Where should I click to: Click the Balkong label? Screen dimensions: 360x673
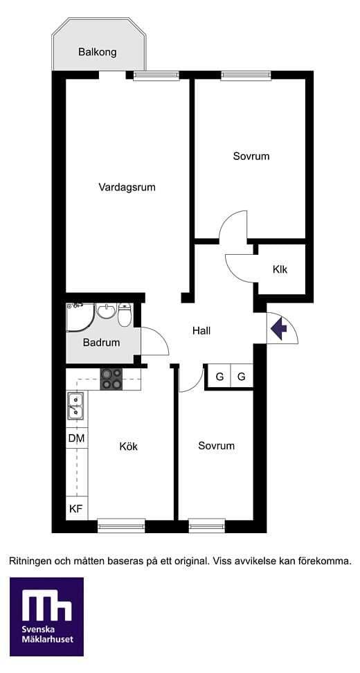(x=98, y=53)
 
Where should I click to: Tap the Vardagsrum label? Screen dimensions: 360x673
(x=127, y=188)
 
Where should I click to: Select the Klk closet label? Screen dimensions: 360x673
(x=280, y=270)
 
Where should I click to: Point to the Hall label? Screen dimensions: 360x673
(x=201, y=331)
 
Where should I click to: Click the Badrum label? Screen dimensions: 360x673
(x=102, y=343)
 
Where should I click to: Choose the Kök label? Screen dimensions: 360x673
(x=129, y=447)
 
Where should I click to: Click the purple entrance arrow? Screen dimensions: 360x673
(x=279, y=328)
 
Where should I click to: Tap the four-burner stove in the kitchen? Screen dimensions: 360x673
(x=111, y=379)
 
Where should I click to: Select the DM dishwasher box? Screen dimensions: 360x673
(x=77, y=438)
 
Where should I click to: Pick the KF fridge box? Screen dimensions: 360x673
(x=77, y=509)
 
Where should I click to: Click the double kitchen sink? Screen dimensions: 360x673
(x=76, y=406)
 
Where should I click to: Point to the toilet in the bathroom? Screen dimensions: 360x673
(x=125, y=314)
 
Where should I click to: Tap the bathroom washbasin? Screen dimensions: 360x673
(x=107, y=310)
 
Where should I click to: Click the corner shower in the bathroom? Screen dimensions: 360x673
(x=80, y=317)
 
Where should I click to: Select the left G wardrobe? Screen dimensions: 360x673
(x=219, y=377)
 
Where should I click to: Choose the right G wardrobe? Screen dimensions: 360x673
(x=242, y=377)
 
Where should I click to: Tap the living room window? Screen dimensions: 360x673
(x=156, y=75)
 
